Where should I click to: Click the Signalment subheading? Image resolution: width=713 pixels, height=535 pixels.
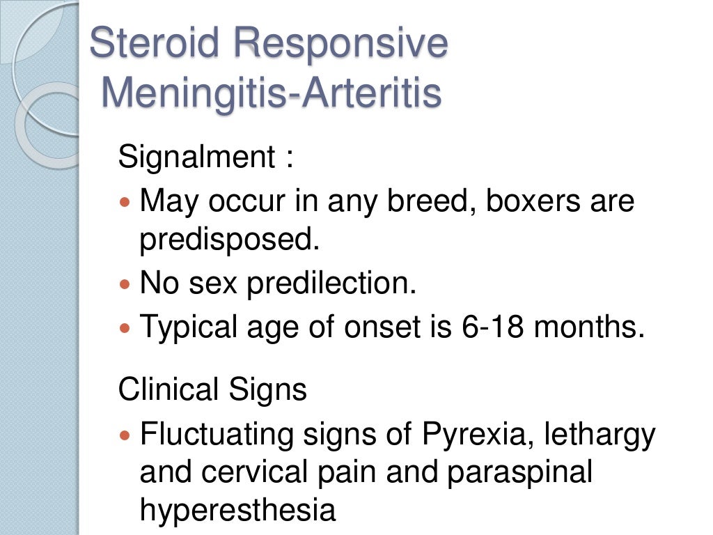coord(197,157)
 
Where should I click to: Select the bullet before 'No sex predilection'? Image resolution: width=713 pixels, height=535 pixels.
coord(125,284)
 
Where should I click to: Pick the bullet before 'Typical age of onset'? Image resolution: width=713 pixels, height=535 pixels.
coord(125,327)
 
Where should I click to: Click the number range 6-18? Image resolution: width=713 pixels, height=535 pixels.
coord(490,327)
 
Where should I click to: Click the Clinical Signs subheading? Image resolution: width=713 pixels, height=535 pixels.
coord(212,389)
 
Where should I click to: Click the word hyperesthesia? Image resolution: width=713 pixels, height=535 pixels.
coord(237,511)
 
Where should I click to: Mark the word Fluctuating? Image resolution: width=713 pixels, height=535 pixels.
coord(217,435)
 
